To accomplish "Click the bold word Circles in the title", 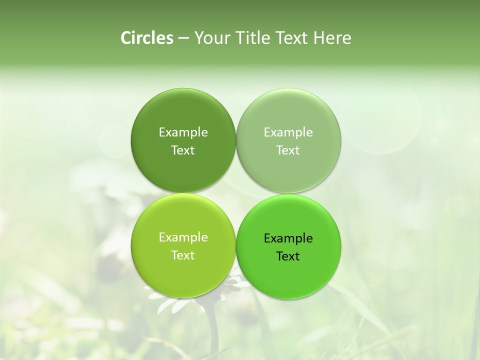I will [x=147, y=38].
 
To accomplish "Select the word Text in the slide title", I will [x=293, y=38].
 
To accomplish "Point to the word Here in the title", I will [x=332, y=38].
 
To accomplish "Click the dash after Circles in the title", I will [x=183, y=38].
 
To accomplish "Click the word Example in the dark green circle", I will [x=183, y=132].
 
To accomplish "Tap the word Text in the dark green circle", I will [x=183, y=150].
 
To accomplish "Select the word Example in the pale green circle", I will [x=288, y=132].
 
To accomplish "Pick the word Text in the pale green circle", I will [x=288, y=150].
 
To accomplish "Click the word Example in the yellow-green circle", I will [x=183, y=237].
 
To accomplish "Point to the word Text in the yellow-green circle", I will [x=183, y=255].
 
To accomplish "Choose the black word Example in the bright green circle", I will [x=288, y=238].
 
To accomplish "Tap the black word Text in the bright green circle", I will [x=288, y=256].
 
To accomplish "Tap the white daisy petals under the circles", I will [x=172, y=303].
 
